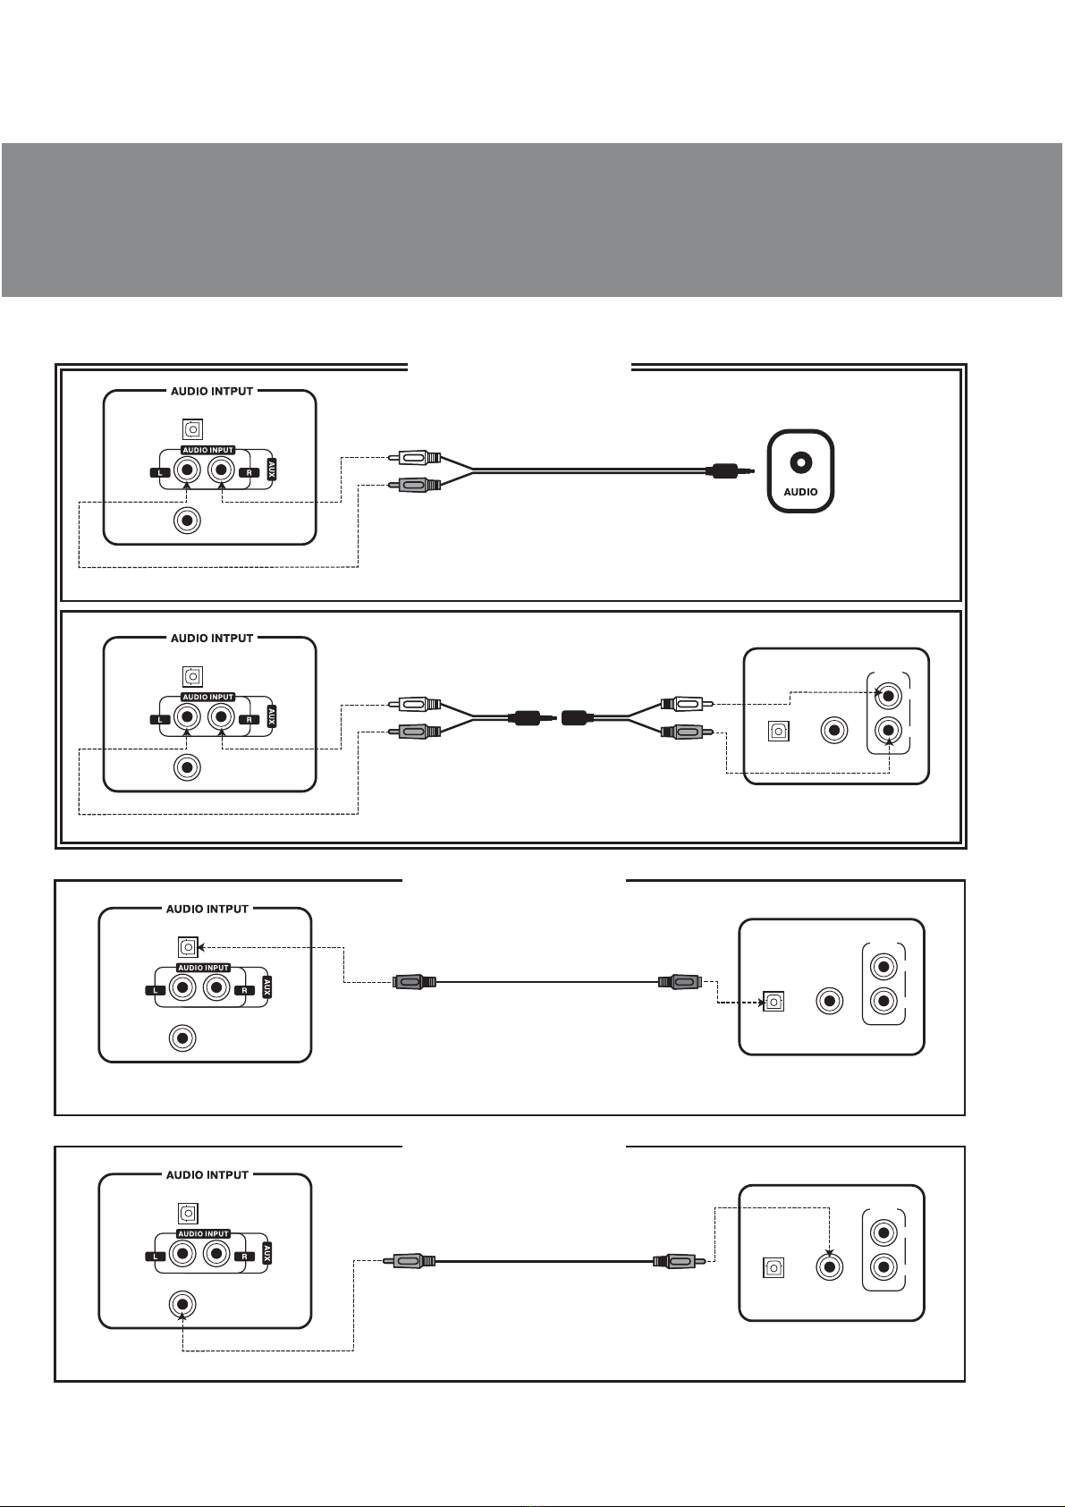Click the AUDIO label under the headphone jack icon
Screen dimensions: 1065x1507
pos(800,492)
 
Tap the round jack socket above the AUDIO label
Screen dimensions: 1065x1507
pos(800,463)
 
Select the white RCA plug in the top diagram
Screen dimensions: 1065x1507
pos(414,458)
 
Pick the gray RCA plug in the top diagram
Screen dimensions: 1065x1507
pos(414,484)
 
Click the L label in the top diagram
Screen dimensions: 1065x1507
pos(160,472)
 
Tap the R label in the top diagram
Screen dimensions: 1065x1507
pos(249,472)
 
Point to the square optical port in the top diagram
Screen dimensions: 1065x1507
pos(192,429)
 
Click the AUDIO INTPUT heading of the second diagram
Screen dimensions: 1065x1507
pos(212,638)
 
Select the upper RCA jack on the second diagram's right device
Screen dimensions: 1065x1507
pos(888,695)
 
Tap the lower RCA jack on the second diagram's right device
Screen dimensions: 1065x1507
pos(888,729)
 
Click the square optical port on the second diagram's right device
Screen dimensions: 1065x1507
pos(778,732)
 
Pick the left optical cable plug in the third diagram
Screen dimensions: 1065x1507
pos(414,982)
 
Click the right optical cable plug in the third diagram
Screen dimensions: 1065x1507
pos(680,982)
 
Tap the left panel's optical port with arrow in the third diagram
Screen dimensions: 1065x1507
pos(188,947)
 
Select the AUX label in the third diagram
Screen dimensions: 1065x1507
pos(267,987)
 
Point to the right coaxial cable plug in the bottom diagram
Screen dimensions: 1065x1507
pos(679,1260)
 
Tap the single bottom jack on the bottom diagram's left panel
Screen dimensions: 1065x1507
pos(182,1304)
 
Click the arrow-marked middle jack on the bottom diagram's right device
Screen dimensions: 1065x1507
pos(830,1266)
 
